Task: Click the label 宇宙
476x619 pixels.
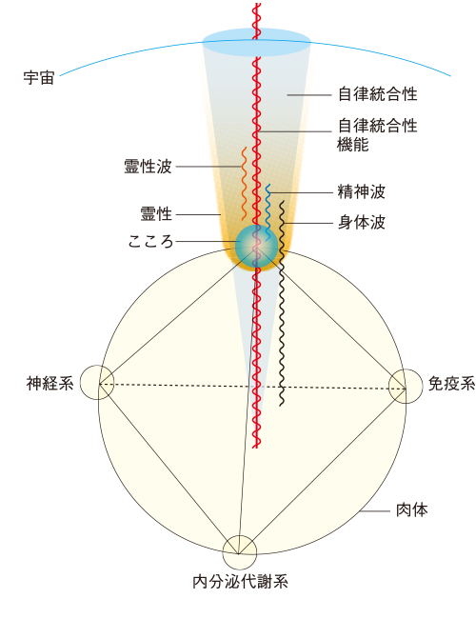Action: [39, 78]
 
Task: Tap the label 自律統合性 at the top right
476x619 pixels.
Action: [378, 94]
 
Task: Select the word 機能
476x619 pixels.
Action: [353, 144]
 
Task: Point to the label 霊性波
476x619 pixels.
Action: [148, 167]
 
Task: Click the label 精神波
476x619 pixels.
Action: [361, 191]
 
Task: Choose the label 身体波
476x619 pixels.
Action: [361, 222]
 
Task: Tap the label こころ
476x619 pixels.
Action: [150, 241]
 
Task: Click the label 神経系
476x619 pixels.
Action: [50, 383]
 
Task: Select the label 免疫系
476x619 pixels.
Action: [451, 384]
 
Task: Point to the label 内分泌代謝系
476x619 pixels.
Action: [240, 582]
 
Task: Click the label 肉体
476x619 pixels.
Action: [411, 510]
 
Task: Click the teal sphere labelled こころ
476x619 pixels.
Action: [256, 247]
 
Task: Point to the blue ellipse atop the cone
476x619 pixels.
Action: [256, 42]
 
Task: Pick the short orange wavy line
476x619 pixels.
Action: [244, 184]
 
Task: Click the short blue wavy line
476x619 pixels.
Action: [268, 212]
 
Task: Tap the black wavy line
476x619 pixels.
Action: [282, 303]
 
